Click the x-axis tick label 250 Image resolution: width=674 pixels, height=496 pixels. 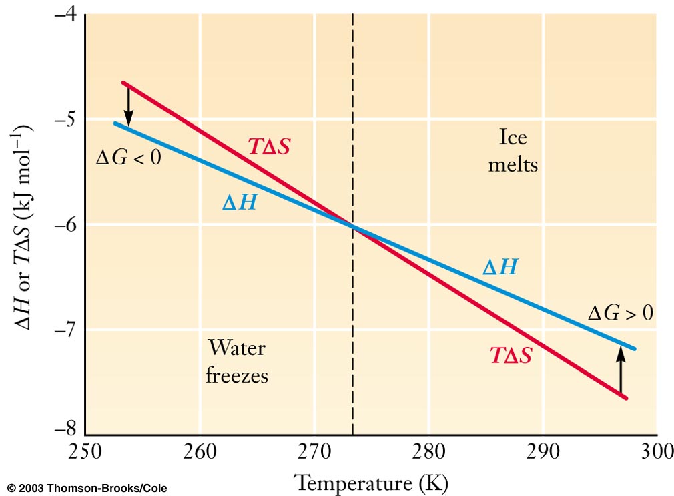pos(84,454)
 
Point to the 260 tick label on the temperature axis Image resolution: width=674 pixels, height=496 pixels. pos(199,454)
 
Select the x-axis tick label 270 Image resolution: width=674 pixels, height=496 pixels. pos(314,454)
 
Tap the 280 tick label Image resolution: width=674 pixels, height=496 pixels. pos(428,454)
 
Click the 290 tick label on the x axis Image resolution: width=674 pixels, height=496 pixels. pos(542,454)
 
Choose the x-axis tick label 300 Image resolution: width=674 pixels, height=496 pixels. pos(654,454)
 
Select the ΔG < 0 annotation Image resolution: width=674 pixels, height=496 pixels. pos(129,160)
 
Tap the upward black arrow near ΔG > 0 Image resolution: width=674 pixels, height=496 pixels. pos(621,373)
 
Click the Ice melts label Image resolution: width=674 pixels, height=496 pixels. pos(513,150)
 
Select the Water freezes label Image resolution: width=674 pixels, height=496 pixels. pos(237,361)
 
